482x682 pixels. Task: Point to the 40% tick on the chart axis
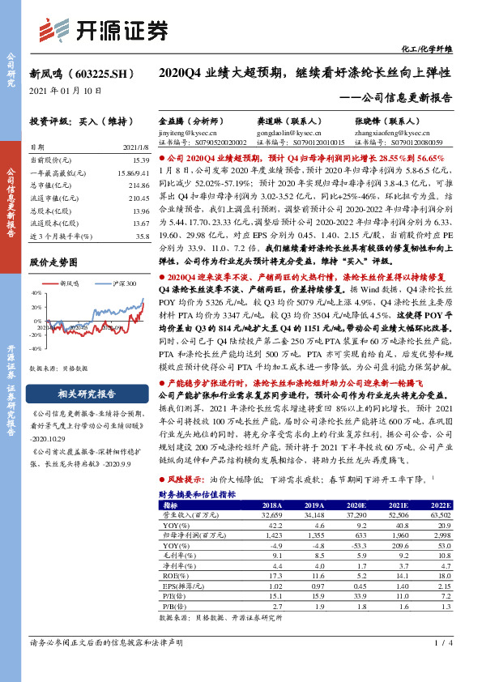(36, 293)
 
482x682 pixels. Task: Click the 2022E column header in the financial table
(453, 503)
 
